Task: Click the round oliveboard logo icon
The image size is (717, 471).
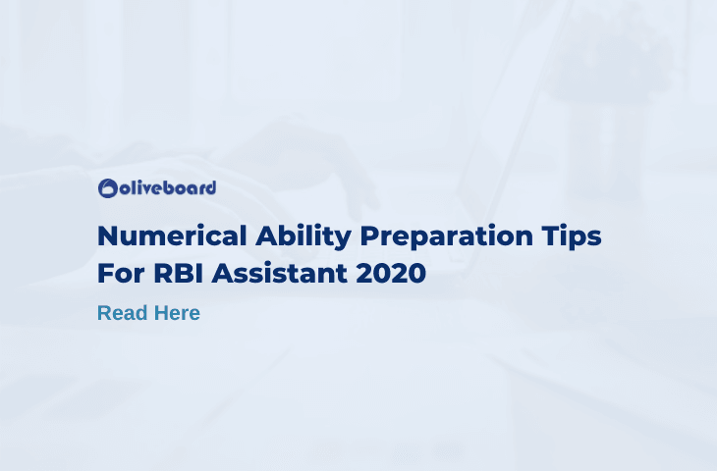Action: [108, 188]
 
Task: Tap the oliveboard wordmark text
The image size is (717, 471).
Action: [168, 187]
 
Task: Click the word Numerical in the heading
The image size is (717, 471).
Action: [173, 236]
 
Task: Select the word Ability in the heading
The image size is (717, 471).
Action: [303, 237]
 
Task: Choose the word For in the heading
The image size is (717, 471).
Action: [122, 273]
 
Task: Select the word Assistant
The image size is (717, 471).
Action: [279, 273]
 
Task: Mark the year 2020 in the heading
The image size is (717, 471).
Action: [391, 273]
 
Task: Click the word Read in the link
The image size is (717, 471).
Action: [123, 313]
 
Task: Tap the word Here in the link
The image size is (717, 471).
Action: [177, 313]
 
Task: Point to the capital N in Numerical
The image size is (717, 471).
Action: [108, 236]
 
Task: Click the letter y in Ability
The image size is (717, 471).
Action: [343, 240]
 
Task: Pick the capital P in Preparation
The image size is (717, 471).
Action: [369, 236]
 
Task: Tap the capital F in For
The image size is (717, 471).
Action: [106, 273]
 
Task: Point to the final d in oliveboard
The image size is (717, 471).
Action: [210, 187]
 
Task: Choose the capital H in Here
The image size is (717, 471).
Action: [162, 313]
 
